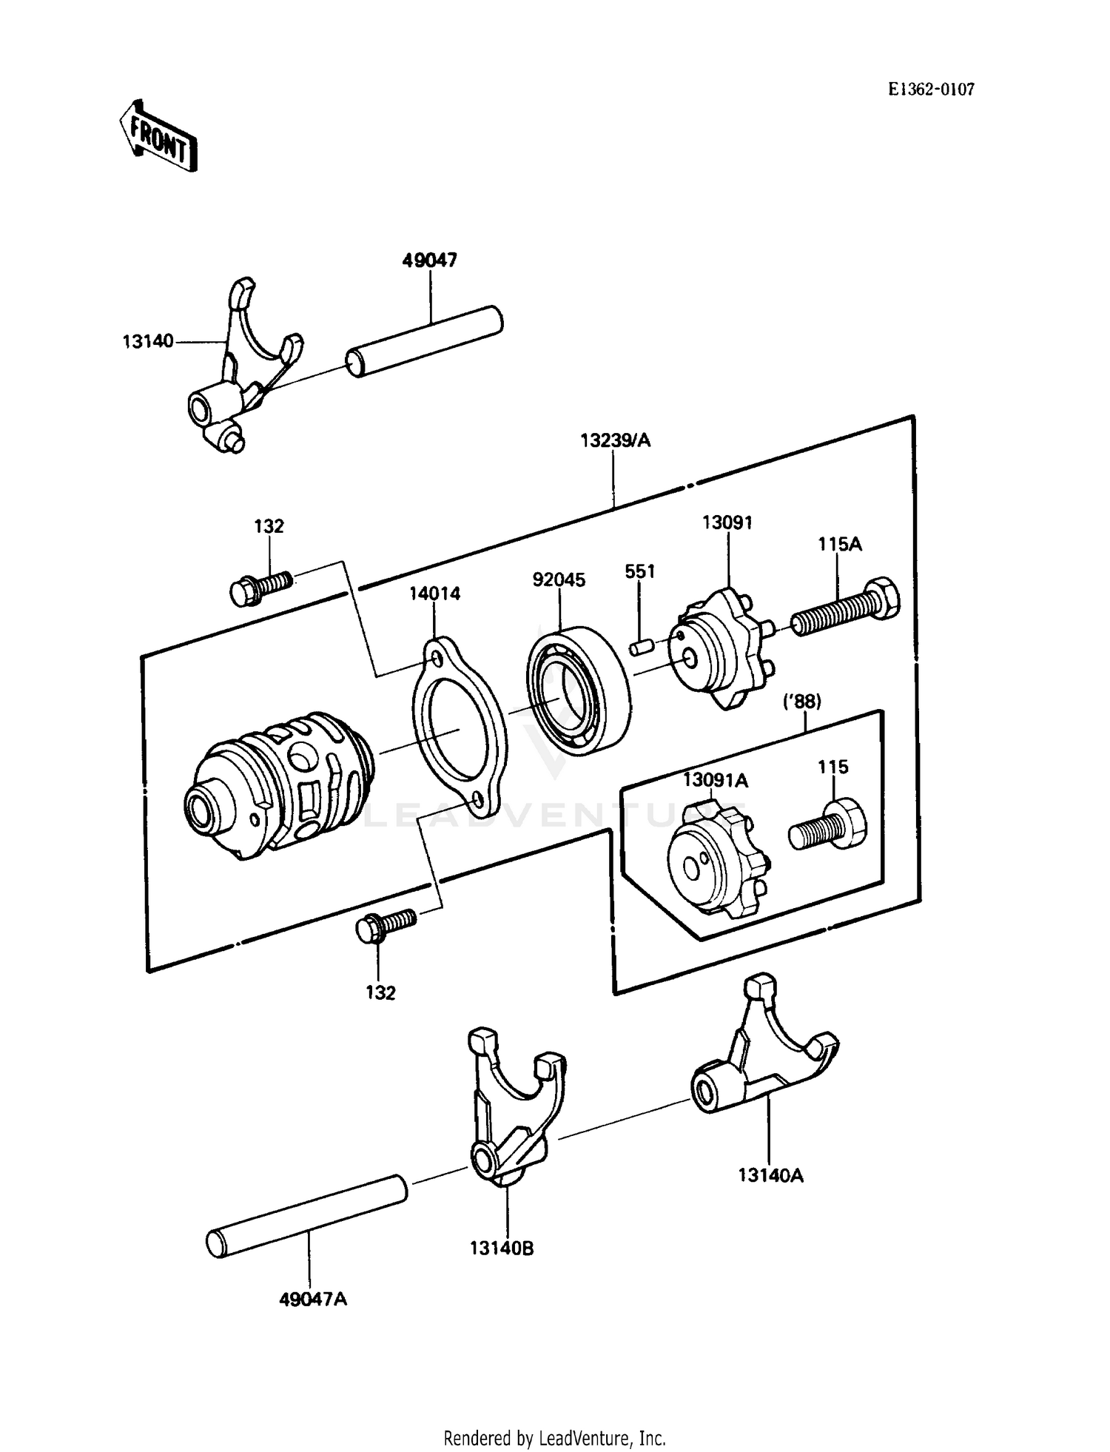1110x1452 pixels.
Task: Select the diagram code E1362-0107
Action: pos(932,90)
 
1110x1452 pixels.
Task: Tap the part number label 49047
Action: pos(430,261)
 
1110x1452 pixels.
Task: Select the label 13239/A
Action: pos(615,441)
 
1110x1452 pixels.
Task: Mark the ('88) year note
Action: pos(802,701)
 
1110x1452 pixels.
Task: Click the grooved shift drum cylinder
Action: pos(280,786)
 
